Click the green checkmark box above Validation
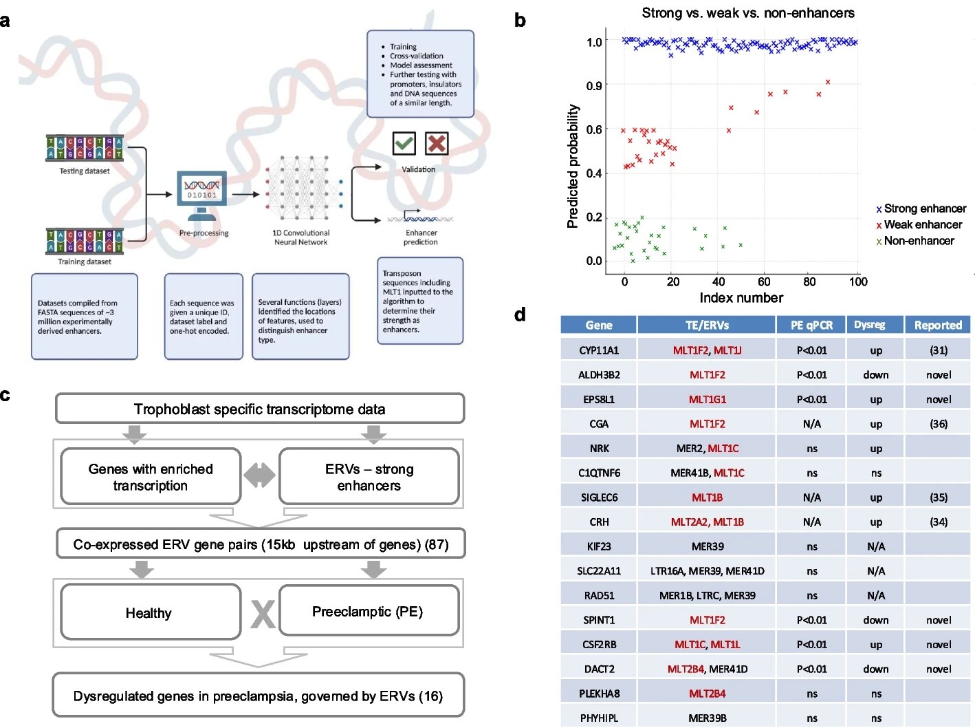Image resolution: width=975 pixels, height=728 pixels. [404, 143]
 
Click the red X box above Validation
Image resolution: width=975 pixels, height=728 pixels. [436, 143]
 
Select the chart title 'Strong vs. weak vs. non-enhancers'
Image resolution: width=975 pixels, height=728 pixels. [748, 13]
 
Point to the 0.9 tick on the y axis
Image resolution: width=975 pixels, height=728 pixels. [594, 85]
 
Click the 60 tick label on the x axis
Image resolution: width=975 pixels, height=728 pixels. [764, 282]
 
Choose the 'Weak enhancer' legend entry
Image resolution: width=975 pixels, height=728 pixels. [919, 225]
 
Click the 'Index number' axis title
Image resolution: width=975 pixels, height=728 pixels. [741, 298]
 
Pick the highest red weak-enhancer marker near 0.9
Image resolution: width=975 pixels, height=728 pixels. [828, 82]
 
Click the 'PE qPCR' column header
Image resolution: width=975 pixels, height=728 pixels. [811, 325]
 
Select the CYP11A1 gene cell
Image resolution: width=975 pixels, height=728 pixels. [598, 350]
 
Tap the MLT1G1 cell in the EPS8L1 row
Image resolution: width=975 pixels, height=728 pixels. [707, 399]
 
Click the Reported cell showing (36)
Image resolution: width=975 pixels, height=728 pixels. [938, 424]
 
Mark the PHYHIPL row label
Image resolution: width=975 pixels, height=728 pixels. [598, 718]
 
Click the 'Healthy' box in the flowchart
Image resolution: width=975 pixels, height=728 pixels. [151, 612]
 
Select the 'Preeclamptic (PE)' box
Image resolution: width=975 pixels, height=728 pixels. [369, 610]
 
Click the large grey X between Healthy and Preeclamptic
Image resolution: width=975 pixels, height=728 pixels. [263, 614]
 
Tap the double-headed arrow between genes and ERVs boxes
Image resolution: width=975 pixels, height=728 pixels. [259, 475]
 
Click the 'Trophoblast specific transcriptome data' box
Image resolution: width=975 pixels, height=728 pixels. [260, 409]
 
